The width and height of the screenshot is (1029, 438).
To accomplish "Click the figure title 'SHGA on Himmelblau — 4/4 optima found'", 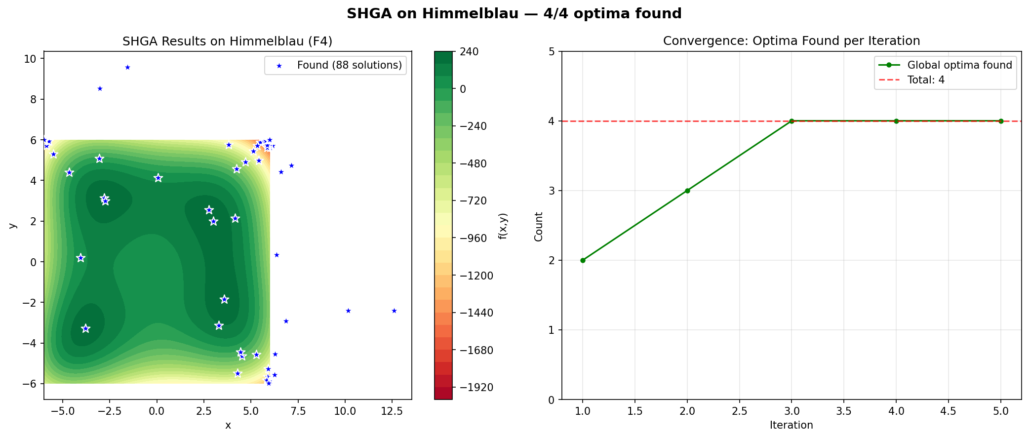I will click(x=514, y=13).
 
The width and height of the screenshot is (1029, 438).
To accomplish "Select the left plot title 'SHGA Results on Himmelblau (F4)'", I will click(x=227, y=41).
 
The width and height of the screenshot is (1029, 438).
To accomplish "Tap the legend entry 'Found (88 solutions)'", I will click(x=349, y=65).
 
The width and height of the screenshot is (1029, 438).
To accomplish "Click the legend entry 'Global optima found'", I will click(x=959, y=65).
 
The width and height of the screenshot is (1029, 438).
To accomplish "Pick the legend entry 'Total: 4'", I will click(x=926, y=80).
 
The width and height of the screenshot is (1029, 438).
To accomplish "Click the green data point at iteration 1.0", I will click(x=583, y=260).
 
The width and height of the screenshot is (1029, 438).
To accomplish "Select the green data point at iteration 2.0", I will click(x=687, y=191).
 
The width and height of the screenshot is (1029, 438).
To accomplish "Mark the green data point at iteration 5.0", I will click(x=1001, y=121).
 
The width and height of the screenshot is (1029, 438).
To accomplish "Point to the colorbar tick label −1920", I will click(x=476, y=388).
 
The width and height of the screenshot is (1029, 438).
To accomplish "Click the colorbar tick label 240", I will click(x=469, y=52).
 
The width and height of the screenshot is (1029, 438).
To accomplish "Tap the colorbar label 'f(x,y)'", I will click(x=503, y=226).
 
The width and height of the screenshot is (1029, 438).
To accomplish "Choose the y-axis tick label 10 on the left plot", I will click(x=30, y=59).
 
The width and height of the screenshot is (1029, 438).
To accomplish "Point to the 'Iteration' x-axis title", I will click(x=791, y=425).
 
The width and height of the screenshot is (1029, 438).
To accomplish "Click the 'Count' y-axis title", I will click(x=539, y=227).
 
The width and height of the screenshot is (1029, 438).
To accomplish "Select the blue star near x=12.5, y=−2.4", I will click(x=394, y=311).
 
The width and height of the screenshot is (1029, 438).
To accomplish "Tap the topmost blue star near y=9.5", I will click(x=127, y=67).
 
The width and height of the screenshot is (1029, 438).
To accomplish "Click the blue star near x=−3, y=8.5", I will click(x=100, y=88).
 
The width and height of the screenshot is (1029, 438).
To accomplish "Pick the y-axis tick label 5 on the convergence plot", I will click(x=552, y=52).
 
